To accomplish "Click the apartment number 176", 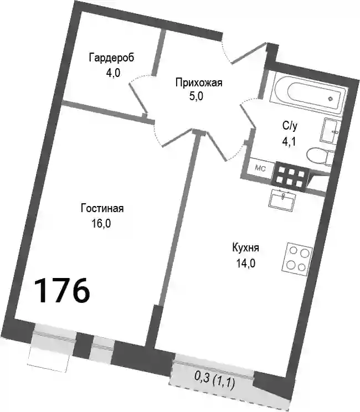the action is click(61, 291).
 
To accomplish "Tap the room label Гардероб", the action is click(111, 58).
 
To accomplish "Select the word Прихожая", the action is click(199, 83).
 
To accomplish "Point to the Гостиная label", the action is click(102, 208).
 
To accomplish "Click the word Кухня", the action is click(245, 248).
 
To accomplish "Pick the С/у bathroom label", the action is click(290, 126).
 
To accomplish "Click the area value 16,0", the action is click(101, 224).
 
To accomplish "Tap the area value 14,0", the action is click(246, 263).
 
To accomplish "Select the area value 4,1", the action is click(289, 142).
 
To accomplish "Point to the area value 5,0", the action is click(196, 96).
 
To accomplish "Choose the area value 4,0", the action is click(113, 73).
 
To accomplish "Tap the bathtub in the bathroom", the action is click(309, 92).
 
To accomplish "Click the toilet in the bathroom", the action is click(319, 157).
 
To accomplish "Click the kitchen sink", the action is click(282, 200).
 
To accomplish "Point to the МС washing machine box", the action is click(260, 169).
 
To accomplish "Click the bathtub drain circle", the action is click(331, 99).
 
